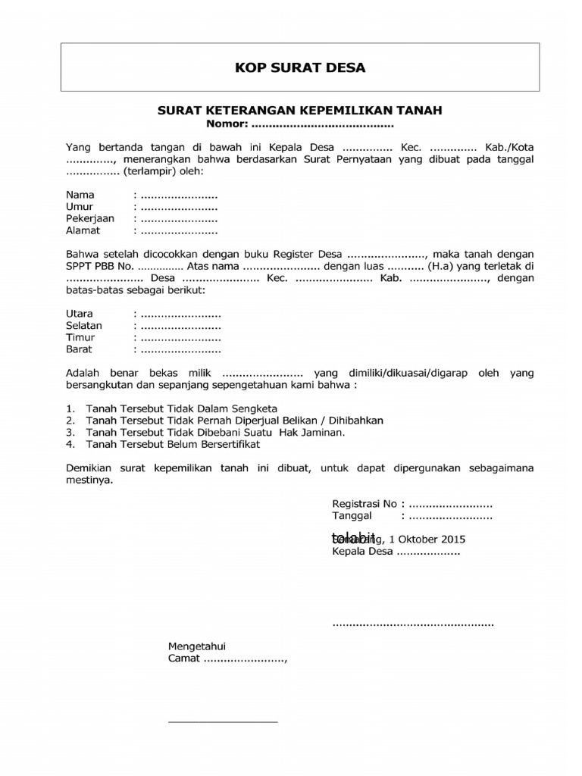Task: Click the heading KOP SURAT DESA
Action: [x=299, y=68]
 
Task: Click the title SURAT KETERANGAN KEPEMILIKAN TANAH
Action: [x=299, y=110]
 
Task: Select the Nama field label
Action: [x=80, y=195]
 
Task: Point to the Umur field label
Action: [x=80, y=207]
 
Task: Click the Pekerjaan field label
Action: [x=90, y=218]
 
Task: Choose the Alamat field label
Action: [x=83, y=230]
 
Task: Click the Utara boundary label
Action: [x=80, y=314]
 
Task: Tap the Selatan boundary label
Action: [x=84, y=326]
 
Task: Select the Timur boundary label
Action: [x=80, y=337]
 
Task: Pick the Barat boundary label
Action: [x=79, y=349]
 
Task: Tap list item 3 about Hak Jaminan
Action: [x=215, y=432]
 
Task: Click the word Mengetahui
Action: [x=197, y=646]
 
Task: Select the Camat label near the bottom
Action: [x=183, y=659]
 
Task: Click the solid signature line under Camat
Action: [x=223, y=721]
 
